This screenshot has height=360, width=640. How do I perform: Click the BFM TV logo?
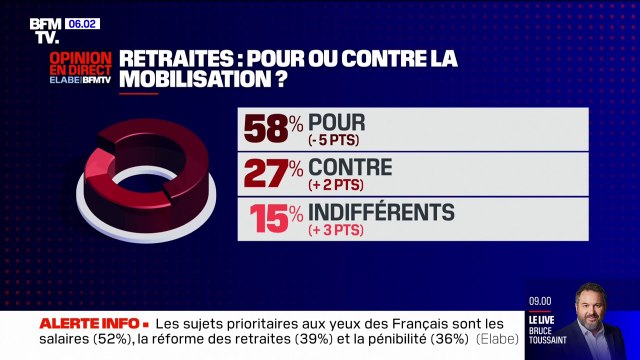click(x=46, y=30)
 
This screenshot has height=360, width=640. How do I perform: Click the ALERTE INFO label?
click(x=88, y=325)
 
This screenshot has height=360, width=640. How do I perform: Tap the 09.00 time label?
click(x=541, y=298)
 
